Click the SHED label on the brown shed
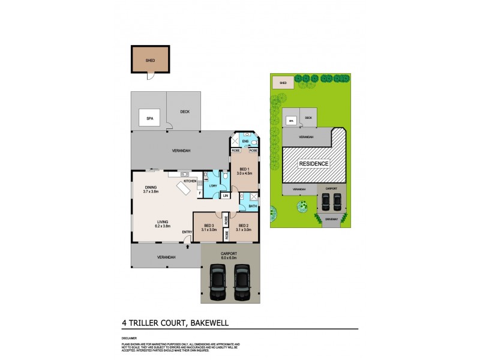pyautogui.click(x=151, y=61)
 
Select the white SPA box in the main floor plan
pyautogui.click(x=149, y=119)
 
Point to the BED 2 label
pyautogui.click(x=243, y=227)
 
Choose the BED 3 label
pyautogui.click(x=208, y=227)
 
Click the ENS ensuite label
pyautogui.click(x=245, y=142)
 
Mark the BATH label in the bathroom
pyautogui.click(x=253, y=205)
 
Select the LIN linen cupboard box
pyautogui.click(x=225, y=196)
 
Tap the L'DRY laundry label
pyautogui.click(x=213, y=185)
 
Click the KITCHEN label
pyautogui.click(x=190, y=181)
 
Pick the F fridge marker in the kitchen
pyautogui.click(x=199, y=193)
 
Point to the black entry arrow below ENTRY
pyautogui.click(x=188, y=245)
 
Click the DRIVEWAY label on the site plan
pyautogui.click(x=331, y=220)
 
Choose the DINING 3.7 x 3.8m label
pyautogui.click(x=151, y=189)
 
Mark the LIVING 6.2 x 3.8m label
pyautogui.click(x=163, y=224)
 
